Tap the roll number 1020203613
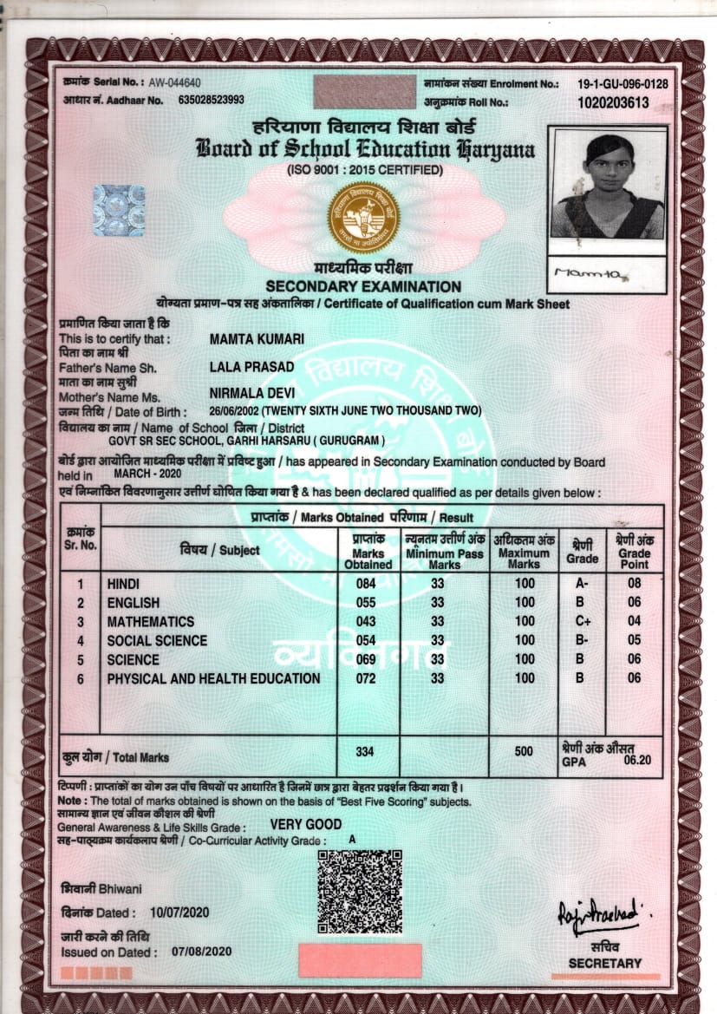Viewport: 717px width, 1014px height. (x=613, y=101)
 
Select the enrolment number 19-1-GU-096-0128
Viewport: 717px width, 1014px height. (x=622, y=83)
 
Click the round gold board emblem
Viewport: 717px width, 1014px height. (x=363, y=218)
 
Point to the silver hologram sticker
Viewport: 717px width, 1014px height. (x=119, y=211)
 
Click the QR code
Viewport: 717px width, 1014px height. (x=359, y=892)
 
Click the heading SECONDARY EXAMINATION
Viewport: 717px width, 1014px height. (x=363, y=286)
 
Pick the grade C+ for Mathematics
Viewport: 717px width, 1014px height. (x=583, y=621)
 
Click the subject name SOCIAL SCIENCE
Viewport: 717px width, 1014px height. (x=157, y=640)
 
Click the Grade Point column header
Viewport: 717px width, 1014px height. (x=634, y=546)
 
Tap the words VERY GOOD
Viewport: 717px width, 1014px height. (x=306, y=824)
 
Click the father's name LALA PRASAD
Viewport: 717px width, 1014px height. (x=252, y=367)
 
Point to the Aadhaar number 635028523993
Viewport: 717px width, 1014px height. (x=211, y=101)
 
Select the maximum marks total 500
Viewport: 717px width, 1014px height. (x=524, y=751)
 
